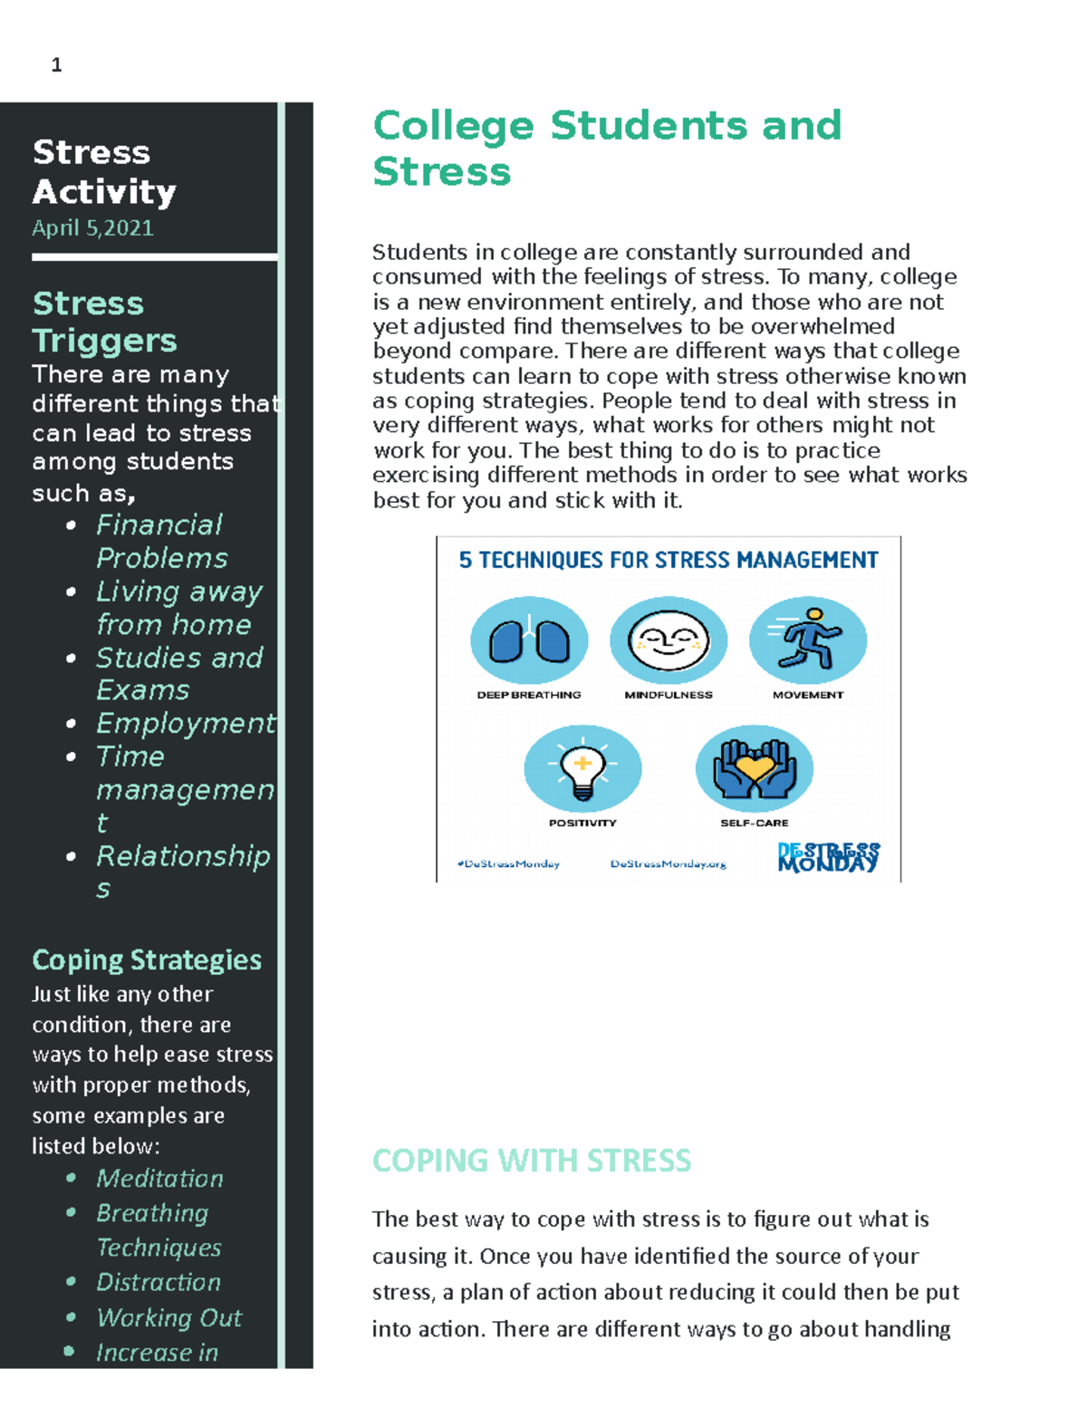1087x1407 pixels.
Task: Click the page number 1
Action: pos(56,64)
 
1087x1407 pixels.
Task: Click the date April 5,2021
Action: pos(92,227)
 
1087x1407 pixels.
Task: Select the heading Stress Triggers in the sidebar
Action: pos(103,322)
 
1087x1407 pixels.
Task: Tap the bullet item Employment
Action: pos(185,723)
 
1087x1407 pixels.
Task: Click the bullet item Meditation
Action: pos(159,1178)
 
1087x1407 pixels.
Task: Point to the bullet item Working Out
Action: pos(168,1317)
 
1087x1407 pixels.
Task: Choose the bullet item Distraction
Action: pos(159,1282)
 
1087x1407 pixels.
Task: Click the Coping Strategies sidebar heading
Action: pos(147,959)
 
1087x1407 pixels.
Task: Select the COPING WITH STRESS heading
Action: pos(531,1160)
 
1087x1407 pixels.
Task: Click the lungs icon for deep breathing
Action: pos(529,641)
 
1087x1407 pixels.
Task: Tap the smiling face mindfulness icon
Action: pos(669,641)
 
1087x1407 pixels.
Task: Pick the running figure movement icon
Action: pos(808,640)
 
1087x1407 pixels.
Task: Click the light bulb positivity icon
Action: pos(582,768)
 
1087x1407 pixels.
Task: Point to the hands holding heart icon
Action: pos(755,768)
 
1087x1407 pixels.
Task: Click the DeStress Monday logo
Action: pos(828,857)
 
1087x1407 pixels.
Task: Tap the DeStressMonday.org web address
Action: pos(668,863)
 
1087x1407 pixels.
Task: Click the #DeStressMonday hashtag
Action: pos(508,863)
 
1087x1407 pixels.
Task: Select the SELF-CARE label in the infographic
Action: pos(754,823)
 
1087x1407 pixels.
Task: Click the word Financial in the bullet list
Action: pos(159,525)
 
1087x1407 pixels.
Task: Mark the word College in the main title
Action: pos(453,125)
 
